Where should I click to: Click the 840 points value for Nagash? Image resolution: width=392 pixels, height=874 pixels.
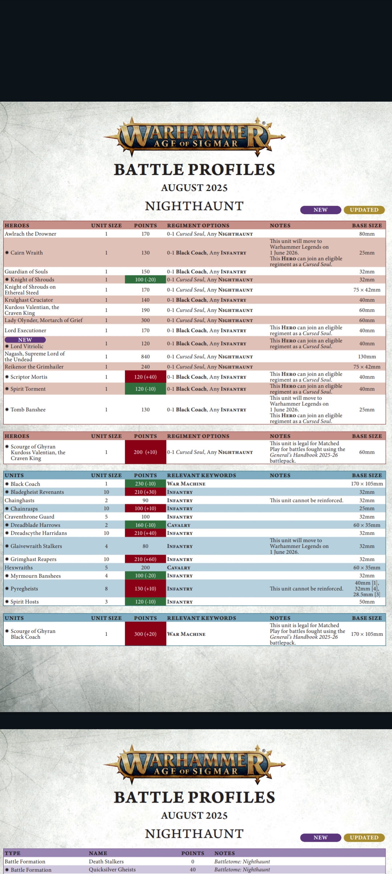tap(145, 357)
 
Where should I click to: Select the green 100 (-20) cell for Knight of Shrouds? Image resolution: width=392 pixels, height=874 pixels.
tap(145, 279)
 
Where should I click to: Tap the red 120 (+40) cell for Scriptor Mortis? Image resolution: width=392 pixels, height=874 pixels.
tap(145, 377)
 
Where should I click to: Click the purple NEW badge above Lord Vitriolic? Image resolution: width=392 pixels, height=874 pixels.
tap(25, 340)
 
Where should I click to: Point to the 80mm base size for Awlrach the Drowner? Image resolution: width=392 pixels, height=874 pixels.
tap(367, 234)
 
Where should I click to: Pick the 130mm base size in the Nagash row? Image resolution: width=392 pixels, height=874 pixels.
tap(367, 357)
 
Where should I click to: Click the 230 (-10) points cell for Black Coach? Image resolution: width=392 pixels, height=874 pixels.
tap(145, 484)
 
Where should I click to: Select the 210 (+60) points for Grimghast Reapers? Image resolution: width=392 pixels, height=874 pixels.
tap(145, 559)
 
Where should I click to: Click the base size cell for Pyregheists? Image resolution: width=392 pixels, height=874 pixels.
tap(367, 589)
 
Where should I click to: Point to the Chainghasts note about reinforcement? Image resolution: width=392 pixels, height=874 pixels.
tap(306, 501)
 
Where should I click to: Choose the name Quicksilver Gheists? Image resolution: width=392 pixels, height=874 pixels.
tap(112, 870)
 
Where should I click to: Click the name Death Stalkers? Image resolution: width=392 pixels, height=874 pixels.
tap(106, 862)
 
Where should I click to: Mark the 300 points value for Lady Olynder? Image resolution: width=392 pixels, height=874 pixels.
tap(145, 320)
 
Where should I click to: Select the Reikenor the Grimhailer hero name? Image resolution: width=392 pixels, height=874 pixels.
tap(34, 367)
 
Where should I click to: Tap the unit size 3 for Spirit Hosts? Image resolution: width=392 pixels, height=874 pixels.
tap(106, 602)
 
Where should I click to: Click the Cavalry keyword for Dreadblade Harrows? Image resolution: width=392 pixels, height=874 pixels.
tap(179, 525)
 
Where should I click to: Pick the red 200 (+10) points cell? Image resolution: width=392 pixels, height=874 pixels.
tap(145, 452)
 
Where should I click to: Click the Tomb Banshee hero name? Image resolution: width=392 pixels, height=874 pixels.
tap(28, 410)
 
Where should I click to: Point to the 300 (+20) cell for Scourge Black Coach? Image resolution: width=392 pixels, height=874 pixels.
tap(145, 634)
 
